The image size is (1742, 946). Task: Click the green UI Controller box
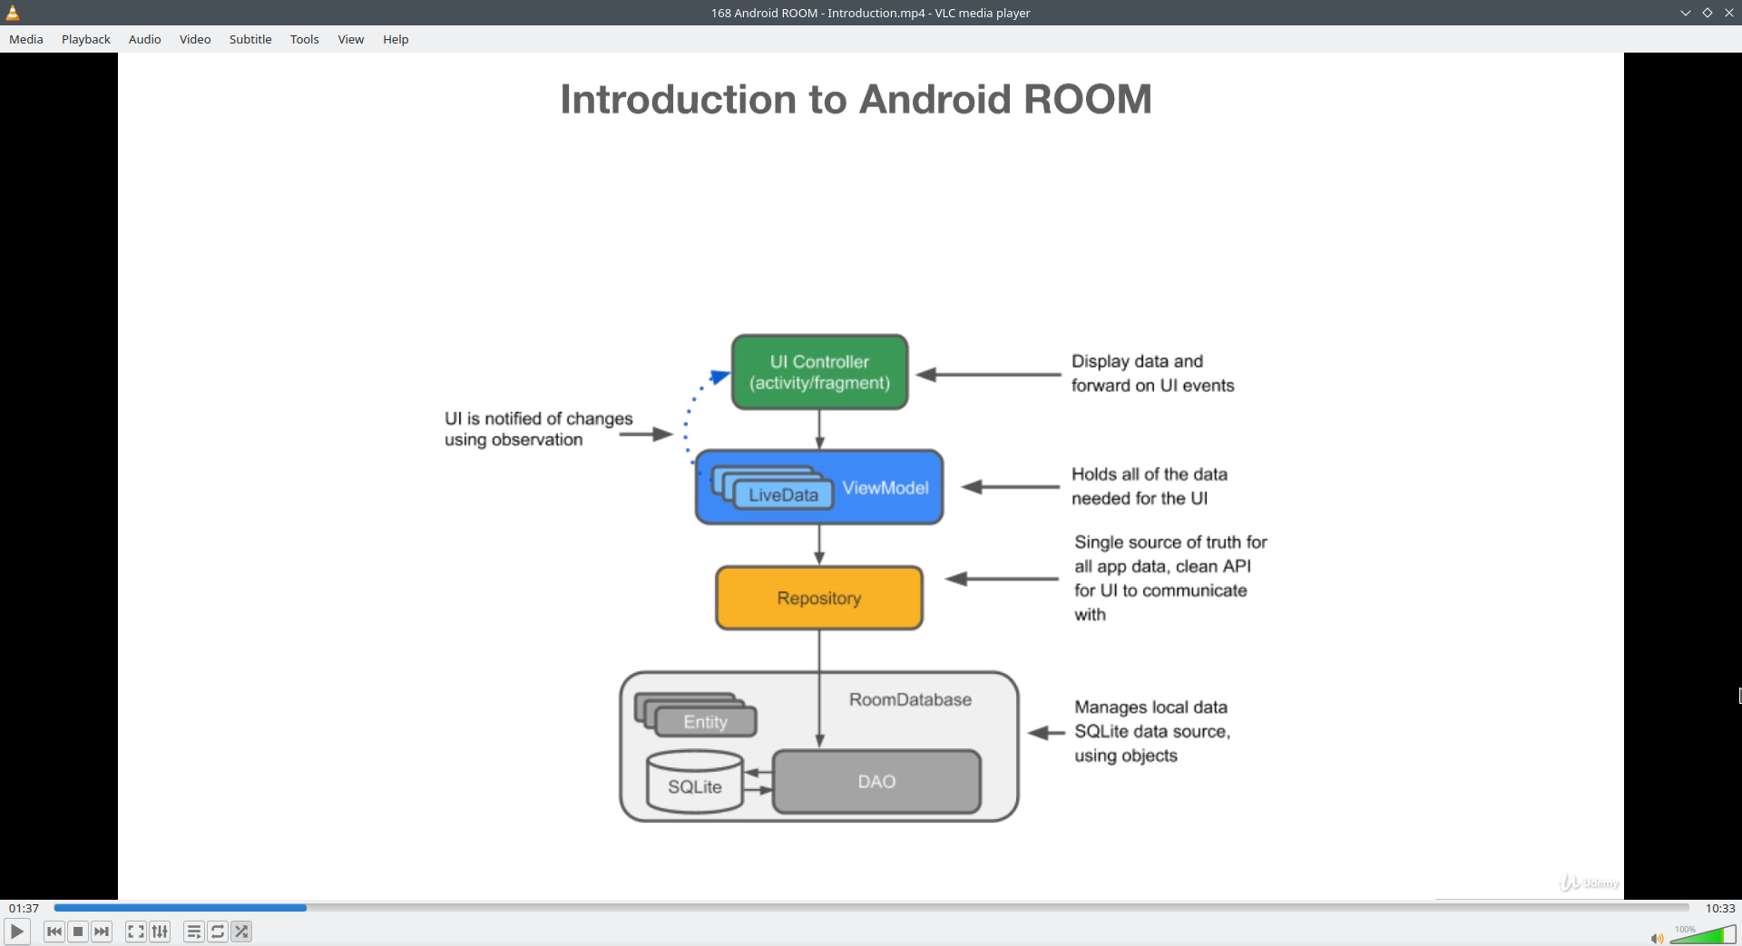pyautogui.click(x=819, y=372)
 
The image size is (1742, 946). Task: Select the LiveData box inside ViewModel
pyautogui.click(x=783, y=495)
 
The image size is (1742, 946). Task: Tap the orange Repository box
pyautogui.click(x=818, y=598)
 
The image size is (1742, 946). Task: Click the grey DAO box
pyautogui.click(x=876, y=782)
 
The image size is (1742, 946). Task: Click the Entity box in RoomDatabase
pyautogui.click(x=705, y=722)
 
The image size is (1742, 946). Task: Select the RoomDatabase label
pyautogui.click(x=910, y=700)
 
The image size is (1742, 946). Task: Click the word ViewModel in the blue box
pyautogui.click(x=885, y=488)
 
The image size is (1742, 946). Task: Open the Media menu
pyautogui.click(x=26, y=39)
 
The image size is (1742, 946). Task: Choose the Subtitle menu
pyautogui.click(x=250, y=39)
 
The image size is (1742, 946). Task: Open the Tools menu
pyautogui.click(x=304, y=39)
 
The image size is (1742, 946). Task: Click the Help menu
pyautogui.click(x=396, y=39)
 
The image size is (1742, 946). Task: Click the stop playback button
pyautogui.click(x=78, y=931)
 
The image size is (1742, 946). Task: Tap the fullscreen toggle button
pyautogui.click(x=135, y=931)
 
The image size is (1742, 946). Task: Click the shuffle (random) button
pyautogui.click(x=241, y=931)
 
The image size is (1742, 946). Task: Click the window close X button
pyautogui.click(x=1729, y=13)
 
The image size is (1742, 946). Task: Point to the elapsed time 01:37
pyautogui.click(x=24, y=908)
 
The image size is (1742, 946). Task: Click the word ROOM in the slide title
pyautogui.click(x=1087, y=99)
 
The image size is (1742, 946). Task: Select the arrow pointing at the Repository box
pyautogui.click(x=1002, y=579)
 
